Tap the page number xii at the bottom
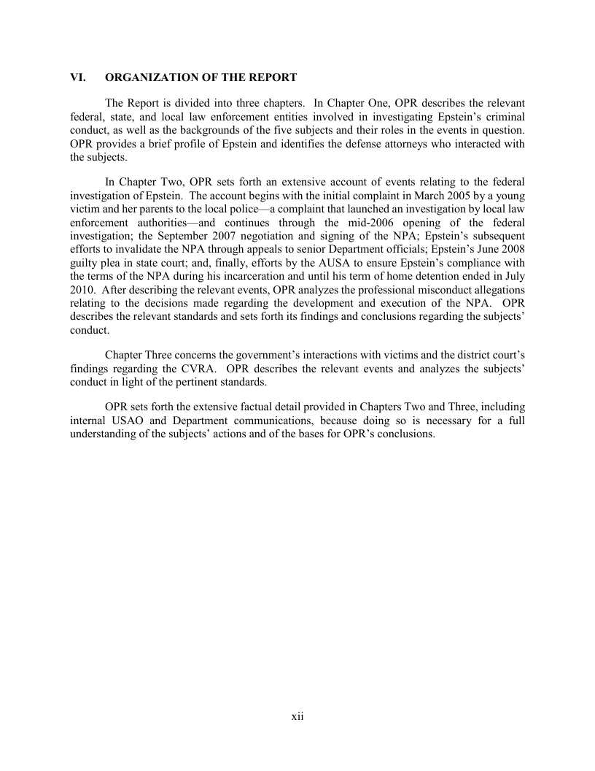tap(297, 717)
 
